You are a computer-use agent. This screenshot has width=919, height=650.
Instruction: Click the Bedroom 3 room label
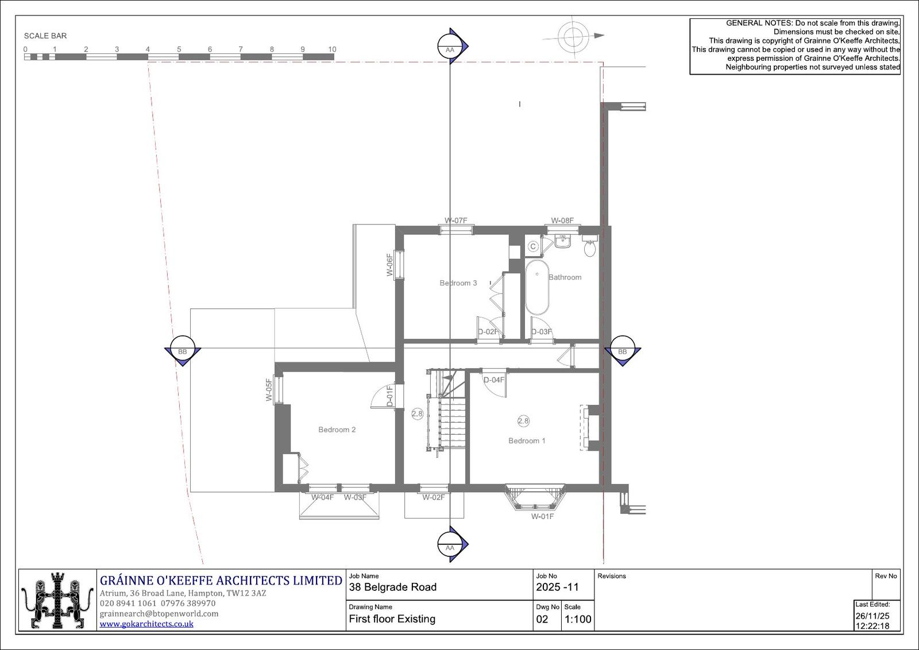[x=458, y=283]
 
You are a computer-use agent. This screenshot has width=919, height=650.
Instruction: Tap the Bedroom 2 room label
[x=337, y=430]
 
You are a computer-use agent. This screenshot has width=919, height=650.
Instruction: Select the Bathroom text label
[x=565, y=277]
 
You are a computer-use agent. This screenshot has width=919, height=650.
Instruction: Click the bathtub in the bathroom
[x=537, y=287]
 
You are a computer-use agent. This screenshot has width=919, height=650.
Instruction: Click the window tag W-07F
[x=456, y=220]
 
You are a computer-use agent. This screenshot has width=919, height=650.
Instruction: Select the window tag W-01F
[x=542, y=517]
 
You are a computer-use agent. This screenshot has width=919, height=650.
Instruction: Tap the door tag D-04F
[x=493, y=380]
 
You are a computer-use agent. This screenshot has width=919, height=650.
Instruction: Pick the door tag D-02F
[x=488, y=332]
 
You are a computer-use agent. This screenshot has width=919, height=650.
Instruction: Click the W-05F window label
[x=269, y=389]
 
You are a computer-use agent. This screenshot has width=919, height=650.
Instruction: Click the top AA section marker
[x=452, y=46]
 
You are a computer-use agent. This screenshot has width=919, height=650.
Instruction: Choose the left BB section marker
[x=183, y=351]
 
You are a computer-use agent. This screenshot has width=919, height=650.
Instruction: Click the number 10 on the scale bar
[x=332, y=49]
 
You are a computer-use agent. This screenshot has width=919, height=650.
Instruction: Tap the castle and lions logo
[x=57, y=601]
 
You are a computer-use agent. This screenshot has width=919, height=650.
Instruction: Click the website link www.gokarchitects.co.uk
[x=146, y=624]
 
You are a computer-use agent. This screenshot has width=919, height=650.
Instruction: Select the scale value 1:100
[x=578, y=619]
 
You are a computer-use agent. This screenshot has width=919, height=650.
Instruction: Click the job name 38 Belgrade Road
[x=393, y=587]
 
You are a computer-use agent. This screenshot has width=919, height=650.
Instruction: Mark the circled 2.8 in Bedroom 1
[x=523, y=421]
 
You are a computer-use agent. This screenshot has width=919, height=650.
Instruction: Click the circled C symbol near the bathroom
[x=532, y=246]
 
